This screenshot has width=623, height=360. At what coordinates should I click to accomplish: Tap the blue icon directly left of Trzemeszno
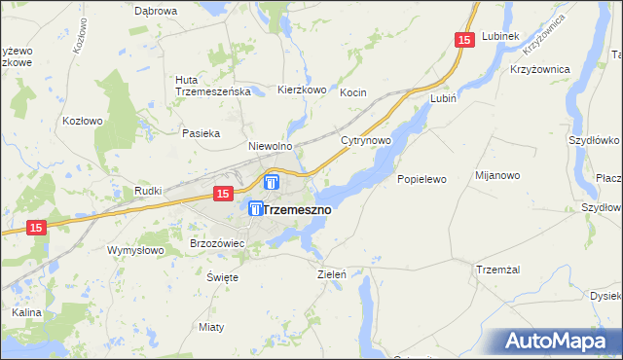click(x=255, y=208)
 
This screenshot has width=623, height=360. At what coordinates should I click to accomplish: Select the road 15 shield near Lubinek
click(x=463, y=39)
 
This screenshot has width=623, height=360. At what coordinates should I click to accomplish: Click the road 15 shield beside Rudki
click(x=222, y=194)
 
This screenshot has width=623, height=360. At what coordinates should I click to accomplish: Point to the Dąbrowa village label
click(x=156, y=11)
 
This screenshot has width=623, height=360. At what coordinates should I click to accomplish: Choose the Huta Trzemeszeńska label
click(x=213, y=86)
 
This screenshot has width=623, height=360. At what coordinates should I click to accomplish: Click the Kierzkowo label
click(x=301, y=89)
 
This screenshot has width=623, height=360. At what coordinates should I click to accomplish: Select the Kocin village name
click(x=352, y=92)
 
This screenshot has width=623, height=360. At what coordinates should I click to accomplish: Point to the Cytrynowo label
click(x=366, y=141)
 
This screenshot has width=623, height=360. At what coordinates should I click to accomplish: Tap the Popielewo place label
click(x=421, y=179)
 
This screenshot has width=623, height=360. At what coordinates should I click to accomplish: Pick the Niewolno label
click(x=271, y=146)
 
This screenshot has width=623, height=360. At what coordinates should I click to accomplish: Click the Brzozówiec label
click(x=216, y=242)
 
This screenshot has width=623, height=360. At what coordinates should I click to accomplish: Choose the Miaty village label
click(x=210, y=326)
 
